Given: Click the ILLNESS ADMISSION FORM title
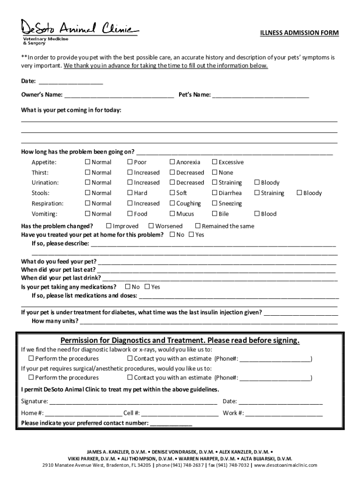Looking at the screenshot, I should [299, 33].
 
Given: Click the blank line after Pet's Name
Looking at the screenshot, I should [260, 95].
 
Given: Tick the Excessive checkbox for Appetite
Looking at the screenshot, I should [215, 162].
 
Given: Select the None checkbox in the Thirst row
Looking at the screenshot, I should [215, 173].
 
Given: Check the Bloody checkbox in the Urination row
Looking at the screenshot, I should [257, 183].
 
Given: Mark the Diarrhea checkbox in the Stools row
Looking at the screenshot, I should [215, 193].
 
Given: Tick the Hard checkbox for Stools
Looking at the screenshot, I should [130, 193].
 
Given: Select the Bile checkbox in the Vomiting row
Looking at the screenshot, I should [215, 214].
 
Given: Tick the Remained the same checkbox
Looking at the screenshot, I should [198, 226].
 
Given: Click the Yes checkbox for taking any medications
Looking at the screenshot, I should [147, 287].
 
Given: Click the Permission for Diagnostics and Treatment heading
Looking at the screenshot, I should [180, 340].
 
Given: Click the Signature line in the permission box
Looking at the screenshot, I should [133, 402].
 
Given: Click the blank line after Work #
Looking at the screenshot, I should [284, 414].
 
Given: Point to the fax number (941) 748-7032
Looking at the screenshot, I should [232, 465].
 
